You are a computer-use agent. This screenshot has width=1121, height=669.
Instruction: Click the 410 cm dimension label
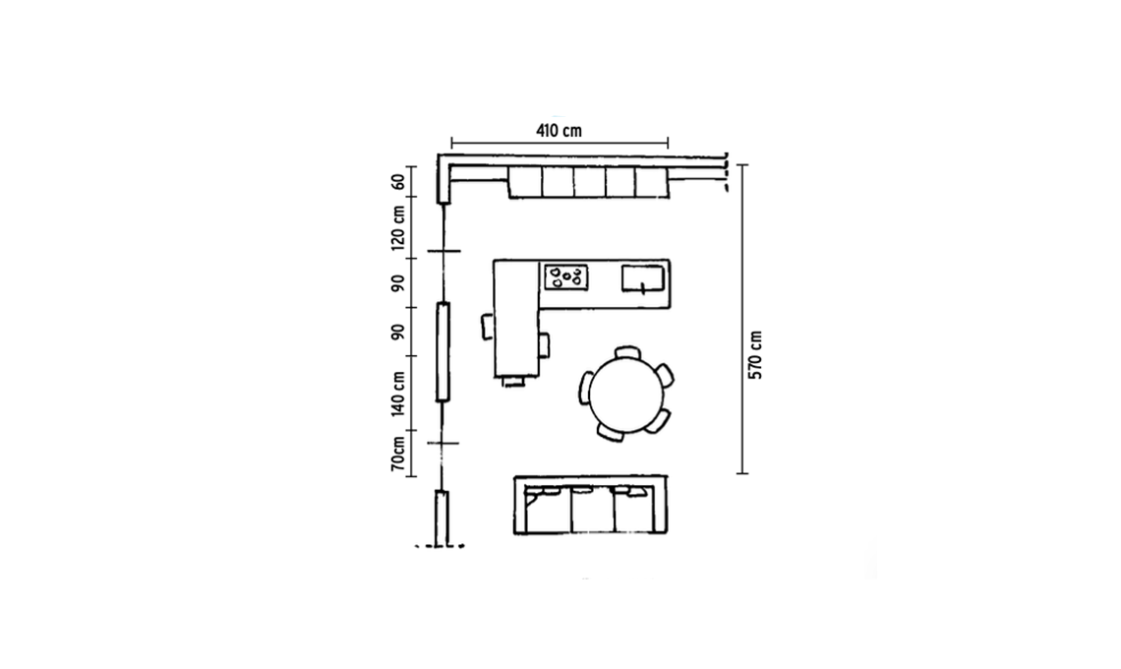tap(559, 131)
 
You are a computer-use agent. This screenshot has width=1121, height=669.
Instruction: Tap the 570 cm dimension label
tap(755, 355)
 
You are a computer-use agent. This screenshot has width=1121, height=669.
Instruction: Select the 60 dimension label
tap(398, 182)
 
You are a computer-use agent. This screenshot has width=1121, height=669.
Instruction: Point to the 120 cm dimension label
tap(398, 228)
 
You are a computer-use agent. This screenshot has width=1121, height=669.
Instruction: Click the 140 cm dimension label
tap(398, 394)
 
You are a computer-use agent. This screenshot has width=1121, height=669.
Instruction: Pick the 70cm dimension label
tap(398, 454)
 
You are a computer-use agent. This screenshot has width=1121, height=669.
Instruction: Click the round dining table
tap(627, 395)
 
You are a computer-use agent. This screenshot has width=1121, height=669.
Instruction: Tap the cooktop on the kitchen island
tap(566, 276)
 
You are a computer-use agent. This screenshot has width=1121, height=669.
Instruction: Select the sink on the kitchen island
tap(643, 278)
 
